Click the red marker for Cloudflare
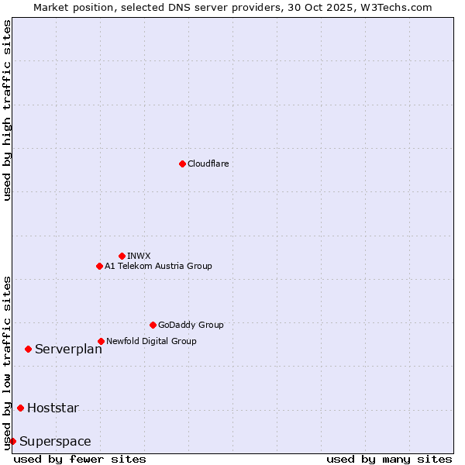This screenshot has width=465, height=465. [x=182, y=164]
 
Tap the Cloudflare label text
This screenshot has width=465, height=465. [x=208, y=164]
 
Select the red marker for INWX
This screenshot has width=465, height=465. [x=122, y=256]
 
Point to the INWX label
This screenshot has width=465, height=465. [x=139, y=256]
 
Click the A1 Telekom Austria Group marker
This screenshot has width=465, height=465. [x=99, y=266]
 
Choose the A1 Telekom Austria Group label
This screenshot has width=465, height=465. [x=158, y=266]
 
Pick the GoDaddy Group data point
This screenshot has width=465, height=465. [x=153, y=325]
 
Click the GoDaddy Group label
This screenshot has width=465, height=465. [x=190, y=325]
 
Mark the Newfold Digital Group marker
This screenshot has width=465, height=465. [x=101, y=341]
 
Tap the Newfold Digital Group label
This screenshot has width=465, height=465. [x=151, y=341]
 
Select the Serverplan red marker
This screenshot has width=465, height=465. [x=28, y=349]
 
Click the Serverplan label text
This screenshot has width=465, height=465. [x=68, y=350]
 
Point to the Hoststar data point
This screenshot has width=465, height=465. [x=20, y=408]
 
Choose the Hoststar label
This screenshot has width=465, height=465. [x=53, y=408]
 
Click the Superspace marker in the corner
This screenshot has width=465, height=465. [x=12, y=441]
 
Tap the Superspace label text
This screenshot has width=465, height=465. [x=55, y=442]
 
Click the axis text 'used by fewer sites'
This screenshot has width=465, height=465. [x=80, y=459]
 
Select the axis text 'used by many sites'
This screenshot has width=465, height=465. [x=389, y=459]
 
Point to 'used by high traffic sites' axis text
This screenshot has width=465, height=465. [x=7, y=110]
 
